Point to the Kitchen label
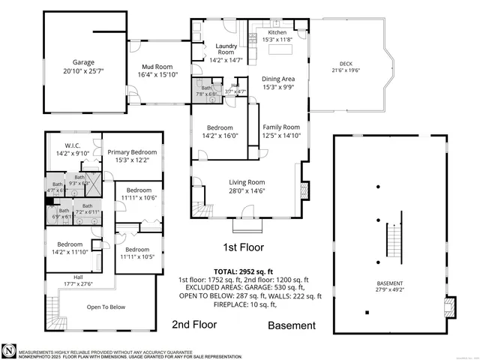click(x=277, y=33)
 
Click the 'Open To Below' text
click(x=105, y=307)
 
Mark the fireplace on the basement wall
click(x=450, y=306)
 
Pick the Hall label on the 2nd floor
click(x=79, y=278)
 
